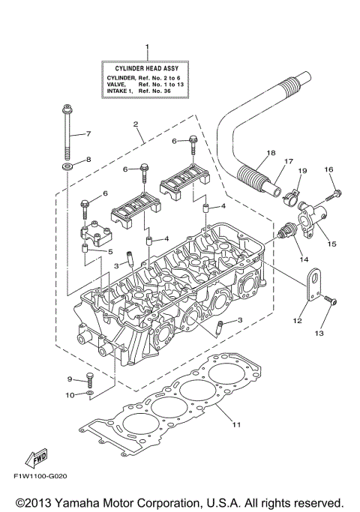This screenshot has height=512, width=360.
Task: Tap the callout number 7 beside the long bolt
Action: click(x=88, y=134)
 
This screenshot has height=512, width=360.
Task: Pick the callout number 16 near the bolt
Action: click(x=328, y=170)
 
